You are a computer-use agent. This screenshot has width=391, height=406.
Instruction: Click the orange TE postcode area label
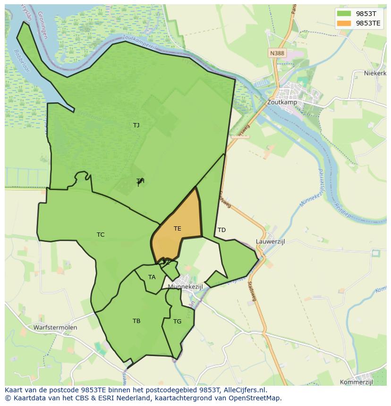click(177, 229)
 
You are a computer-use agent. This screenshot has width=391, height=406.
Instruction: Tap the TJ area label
click(136, 125)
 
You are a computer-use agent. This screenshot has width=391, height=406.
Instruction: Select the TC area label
click(101, 235)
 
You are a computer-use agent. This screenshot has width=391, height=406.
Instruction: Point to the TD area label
click(221, 230)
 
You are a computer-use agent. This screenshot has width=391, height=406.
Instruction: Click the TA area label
click(152, 277)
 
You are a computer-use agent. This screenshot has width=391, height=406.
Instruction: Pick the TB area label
click(136, 321)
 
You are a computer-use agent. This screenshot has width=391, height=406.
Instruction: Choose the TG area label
click(177, 322)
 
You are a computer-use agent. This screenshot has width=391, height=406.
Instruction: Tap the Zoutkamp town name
click(281, 101)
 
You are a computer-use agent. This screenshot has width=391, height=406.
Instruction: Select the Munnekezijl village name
click(185, 287)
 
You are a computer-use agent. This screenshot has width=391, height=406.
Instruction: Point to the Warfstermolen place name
click(55, 327)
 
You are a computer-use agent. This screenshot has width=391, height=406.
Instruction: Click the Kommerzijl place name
click(357, 382)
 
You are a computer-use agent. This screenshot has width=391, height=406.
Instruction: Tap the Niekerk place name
click(375, 73)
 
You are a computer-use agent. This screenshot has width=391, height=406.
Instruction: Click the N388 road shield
click(277, 53)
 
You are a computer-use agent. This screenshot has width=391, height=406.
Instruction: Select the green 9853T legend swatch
click(343, 13)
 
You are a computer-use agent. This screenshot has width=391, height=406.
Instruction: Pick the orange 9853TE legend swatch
click(343, 23)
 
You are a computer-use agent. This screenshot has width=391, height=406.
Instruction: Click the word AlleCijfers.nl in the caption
click(245, 390)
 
